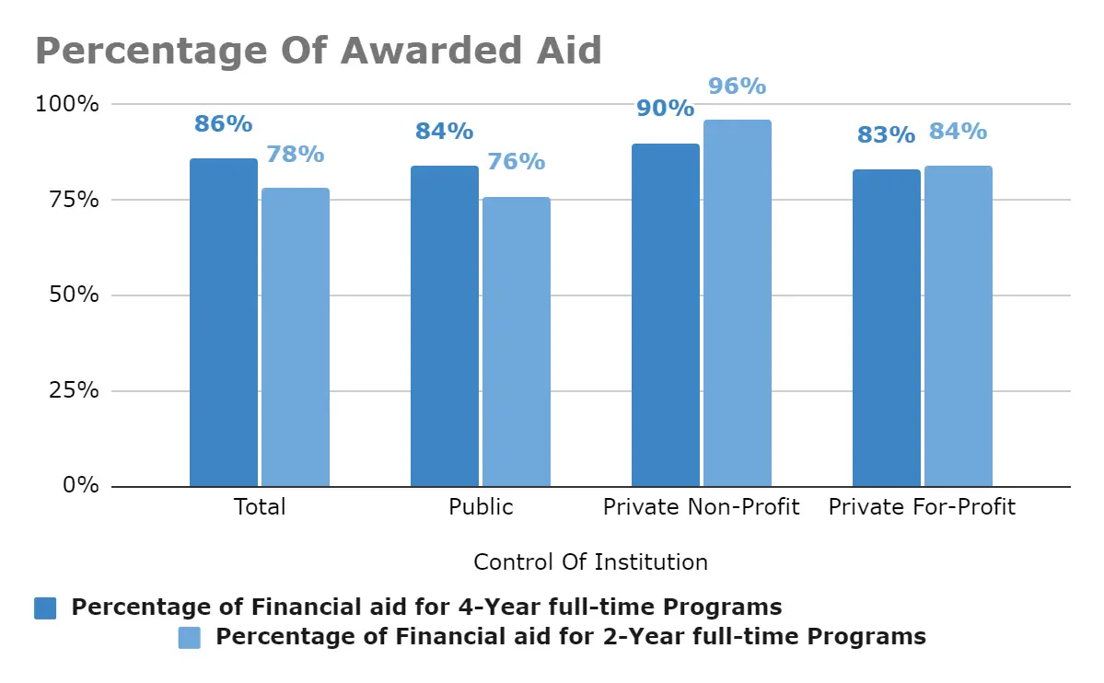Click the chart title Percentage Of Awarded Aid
(x=319, y=50)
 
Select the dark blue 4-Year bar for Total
(x=224, y=322)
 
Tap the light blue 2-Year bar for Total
(x=296, y=337)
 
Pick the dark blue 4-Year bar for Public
(x=445, y=326)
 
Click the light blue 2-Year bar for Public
(x=517, y=341)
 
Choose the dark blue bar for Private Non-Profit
(x=666, y=315)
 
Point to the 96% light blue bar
(x=738, y=303)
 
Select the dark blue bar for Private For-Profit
(x=887, y=328)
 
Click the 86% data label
(x=223, y=124)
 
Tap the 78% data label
(x=296, y=154)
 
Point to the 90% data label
(x=665, y=109)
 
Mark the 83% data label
(x=886, y=135)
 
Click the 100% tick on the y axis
(x=67, y=104)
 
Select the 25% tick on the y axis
(x=73, y=390)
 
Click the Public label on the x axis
(x=481, y=507)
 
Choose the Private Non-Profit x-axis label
(x=702, y=507)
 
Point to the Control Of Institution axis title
(x=590, y=561)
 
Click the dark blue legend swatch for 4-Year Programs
(x=45, y=608)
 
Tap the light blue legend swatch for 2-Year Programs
(x=190, y=637)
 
